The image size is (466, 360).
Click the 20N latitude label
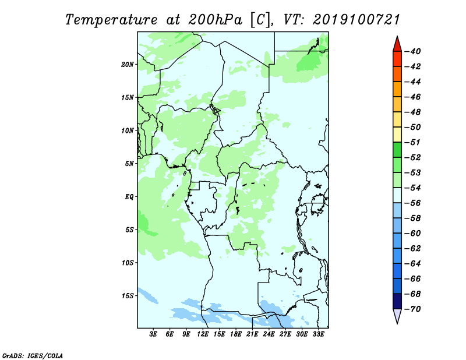point(128,65)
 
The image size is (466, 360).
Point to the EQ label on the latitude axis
point(129,197)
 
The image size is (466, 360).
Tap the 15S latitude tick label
point(128,296)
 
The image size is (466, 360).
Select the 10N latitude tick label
point(128,130)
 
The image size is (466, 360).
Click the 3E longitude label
point(153,334)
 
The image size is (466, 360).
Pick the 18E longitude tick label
point(236,334)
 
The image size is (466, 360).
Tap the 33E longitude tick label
point(318,334)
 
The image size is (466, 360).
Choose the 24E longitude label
point(269,334)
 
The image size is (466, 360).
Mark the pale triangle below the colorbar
point(397,315)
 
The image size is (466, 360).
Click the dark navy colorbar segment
point(397,301)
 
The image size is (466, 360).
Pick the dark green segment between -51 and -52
point(397,150)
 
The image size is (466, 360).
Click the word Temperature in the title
point(111,20)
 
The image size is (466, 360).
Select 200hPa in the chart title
point(216,20)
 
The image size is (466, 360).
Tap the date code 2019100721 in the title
point(356,20)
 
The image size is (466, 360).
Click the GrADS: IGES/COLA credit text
point(33,355)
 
